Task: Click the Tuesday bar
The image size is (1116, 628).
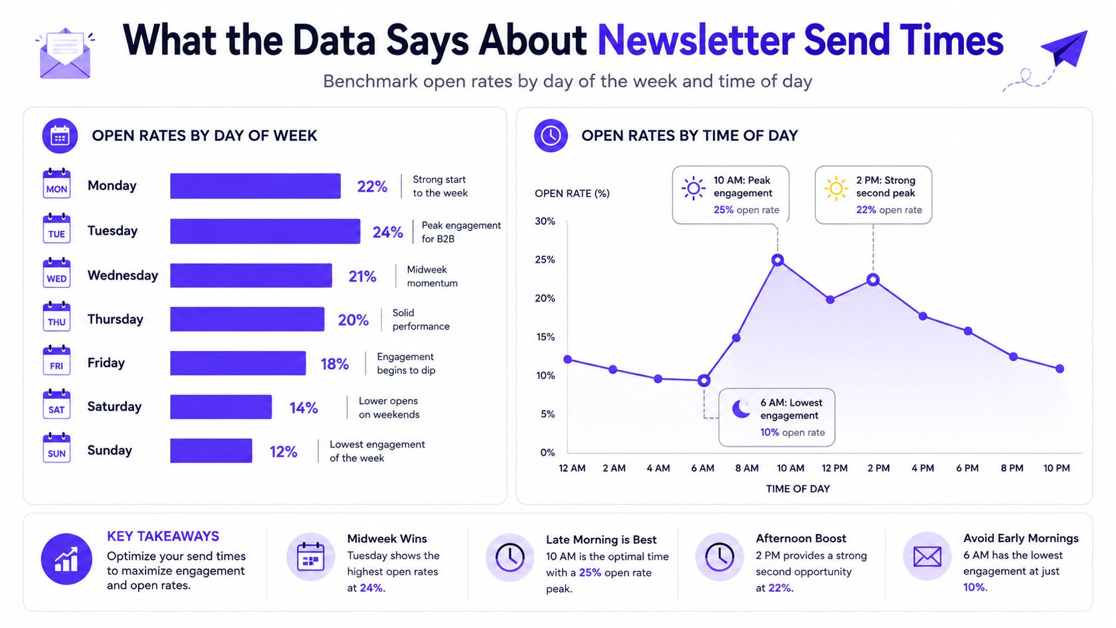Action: tap(265, 231)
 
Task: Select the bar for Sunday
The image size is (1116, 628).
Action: tap(211, 450)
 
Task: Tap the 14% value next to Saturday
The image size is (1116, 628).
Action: tap(304, 408)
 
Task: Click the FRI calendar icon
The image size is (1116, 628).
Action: tap(56, 360)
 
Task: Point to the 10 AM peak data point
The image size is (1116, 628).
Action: tap(778, 260)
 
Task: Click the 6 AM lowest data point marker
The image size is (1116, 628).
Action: tap(704, 381)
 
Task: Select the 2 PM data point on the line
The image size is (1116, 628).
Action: tap(873, 280)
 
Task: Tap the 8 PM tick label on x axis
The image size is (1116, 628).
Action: tap(1012, 468)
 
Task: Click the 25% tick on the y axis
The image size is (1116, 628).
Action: tap(545, 260)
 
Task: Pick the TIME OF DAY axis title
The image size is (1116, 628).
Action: tap(798, 489)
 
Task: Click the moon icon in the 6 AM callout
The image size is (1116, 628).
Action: tap(742, 409)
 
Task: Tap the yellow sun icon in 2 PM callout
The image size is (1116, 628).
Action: tap(836, 189)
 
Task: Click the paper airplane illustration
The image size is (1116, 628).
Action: tap(1064, 48)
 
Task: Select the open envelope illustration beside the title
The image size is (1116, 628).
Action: tap(65, 54)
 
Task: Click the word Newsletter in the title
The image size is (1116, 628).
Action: tap(695, 40)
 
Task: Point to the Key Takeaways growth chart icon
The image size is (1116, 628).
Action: tap(66, 559)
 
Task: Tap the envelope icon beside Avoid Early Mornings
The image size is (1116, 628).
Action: tap(927, 557)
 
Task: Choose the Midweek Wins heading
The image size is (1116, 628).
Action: tap(387, 539)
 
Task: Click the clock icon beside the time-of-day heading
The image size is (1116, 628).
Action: tap(551, 135)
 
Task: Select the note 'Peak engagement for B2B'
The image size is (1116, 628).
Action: tap(461, 232)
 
